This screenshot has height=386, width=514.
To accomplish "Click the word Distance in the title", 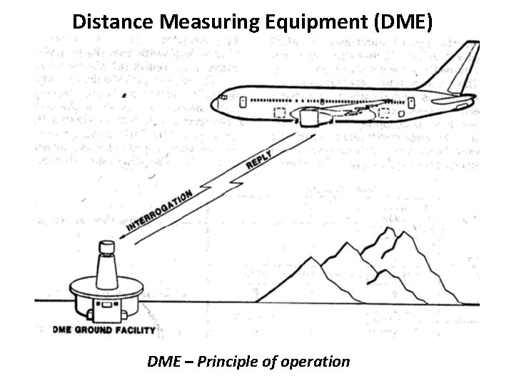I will tap(114, 22).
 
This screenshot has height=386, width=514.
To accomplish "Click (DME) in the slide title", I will tap(403, 22).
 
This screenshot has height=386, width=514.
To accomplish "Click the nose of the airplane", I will tap(213, 104).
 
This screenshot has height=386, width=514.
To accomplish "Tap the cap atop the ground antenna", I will tap(106, 248).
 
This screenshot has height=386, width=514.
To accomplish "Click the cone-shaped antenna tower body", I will tap(107, 276).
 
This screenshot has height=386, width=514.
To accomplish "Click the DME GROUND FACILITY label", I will tap(104, 330).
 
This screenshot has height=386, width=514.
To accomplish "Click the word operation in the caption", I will tap(313, 361).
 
